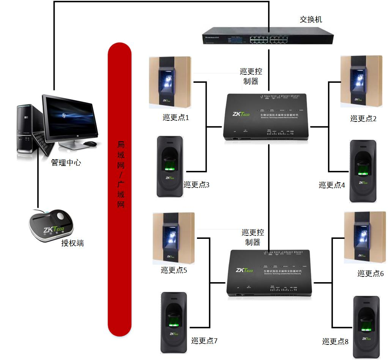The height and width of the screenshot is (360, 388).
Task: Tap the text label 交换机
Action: coord(311,19)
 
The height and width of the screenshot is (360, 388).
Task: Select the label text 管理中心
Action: coord(66,163)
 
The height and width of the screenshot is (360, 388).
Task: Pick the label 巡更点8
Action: coord(335,341)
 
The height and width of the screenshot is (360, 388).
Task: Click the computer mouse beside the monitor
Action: coord(90,144)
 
